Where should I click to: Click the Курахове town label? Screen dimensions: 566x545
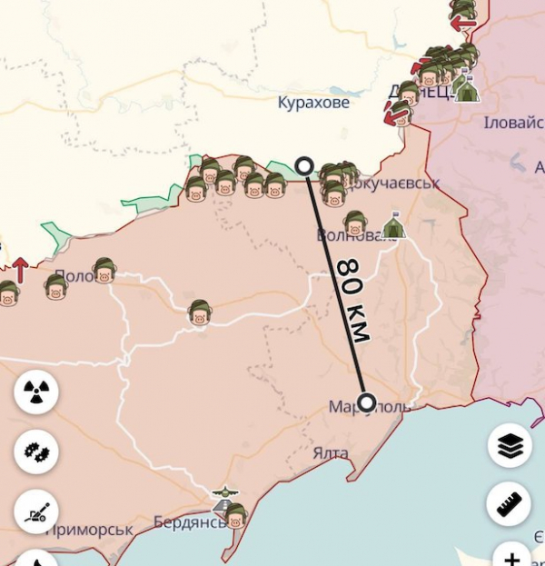(x=313, y=103)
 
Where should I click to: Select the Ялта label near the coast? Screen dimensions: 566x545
(x=330, y=452)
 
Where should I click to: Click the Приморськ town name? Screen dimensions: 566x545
(x=89, y=529)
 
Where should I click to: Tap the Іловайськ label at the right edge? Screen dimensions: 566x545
(x=514, y=123)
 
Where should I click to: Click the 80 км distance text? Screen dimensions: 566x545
(x=353, y=299)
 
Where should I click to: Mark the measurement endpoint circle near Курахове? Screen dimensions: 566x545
(x=304, y=165)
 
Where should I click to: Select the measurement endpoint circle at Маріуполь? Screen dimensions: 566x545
(x=367, y=402)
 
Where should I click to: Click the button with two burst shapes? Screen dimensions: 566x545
(x=36, y=451)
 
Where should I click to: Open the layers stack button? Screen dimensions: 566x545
(x=509, y=445)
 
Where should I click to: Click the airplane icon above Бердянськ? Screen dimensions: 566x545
(x=223, y=496)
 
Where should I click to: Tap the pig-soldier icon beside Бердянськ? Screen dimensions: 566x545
(x=235, y=517)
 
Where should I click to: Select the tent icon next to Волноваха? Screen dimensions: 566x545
(x=393, y=226)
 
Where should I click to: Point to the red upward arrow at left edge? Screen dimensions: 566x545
(x=19, y=270)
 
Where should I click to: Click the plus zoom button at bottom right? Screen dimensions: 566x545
(x=512, y=557)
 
